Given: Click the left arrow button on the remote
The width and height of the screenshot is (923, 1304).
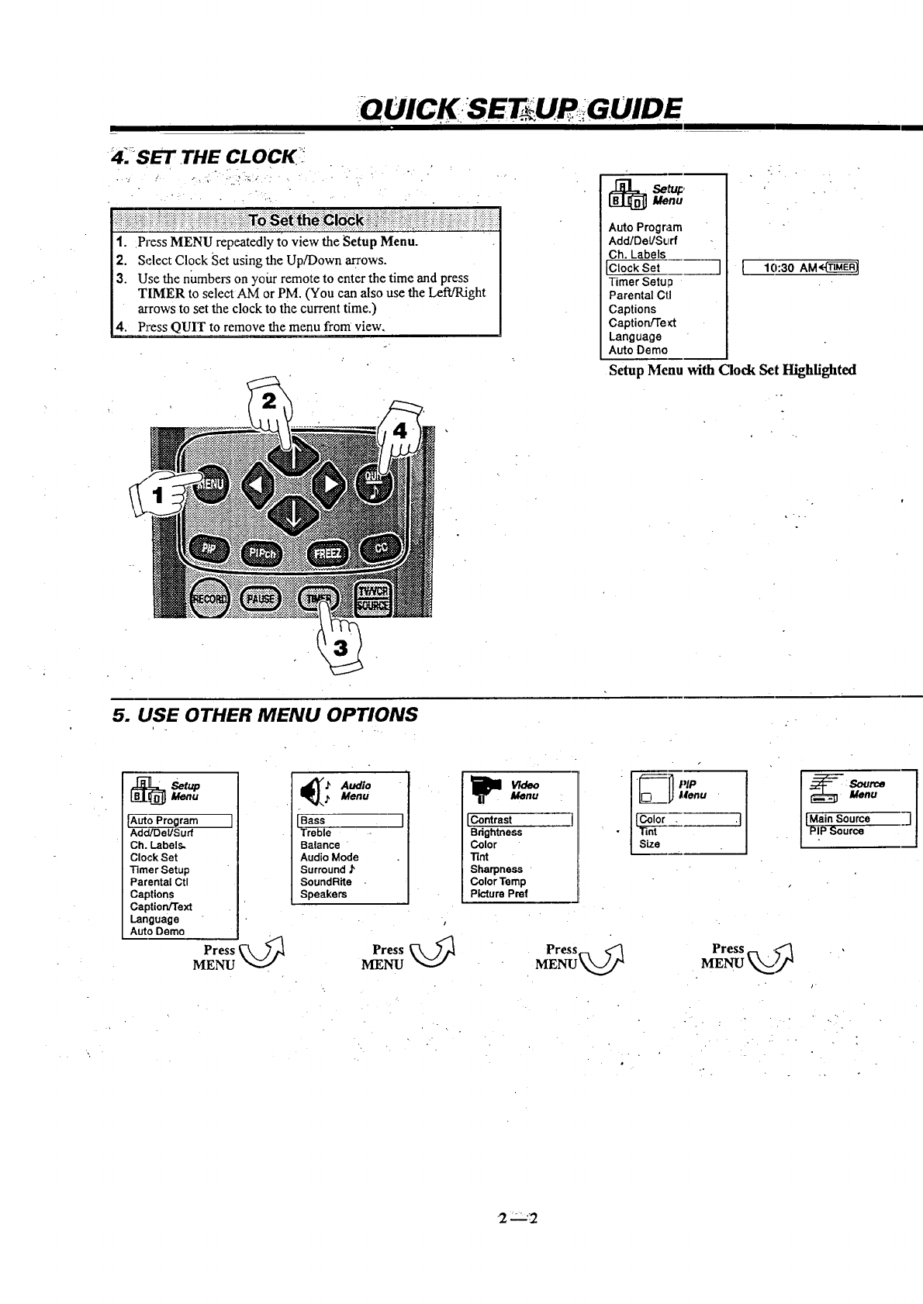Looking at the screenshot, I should click(257, 485).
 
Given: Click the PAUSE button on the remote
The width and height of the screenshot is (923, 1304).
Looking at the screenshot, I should click(262, 598).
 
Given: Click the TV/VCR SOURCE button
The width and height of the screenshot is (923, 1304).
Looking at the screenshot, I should click(375, 598).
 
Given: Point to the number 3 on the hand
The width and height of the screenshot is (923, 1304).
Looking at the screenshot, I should click(340, 647).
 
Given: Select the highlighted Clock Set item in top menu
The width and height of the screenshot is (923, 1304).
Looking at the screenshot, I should click(663, 268).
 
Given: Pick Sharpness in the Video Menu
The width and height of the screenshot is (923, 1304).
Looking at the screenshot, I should click(496, 869).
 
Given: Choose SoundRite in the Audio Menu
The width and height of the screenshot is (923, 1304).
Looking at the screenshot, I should click(326, 881).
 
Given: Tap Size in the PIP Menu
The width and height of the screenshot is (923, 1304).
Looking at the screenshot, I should click(649, 844).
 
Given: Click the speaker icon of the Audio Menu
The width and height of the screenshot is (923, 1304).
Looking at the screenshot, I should click(313, 791).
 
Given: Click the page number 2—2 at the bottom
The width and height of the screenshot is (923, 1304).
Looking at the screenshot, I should click(518, 1218).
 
